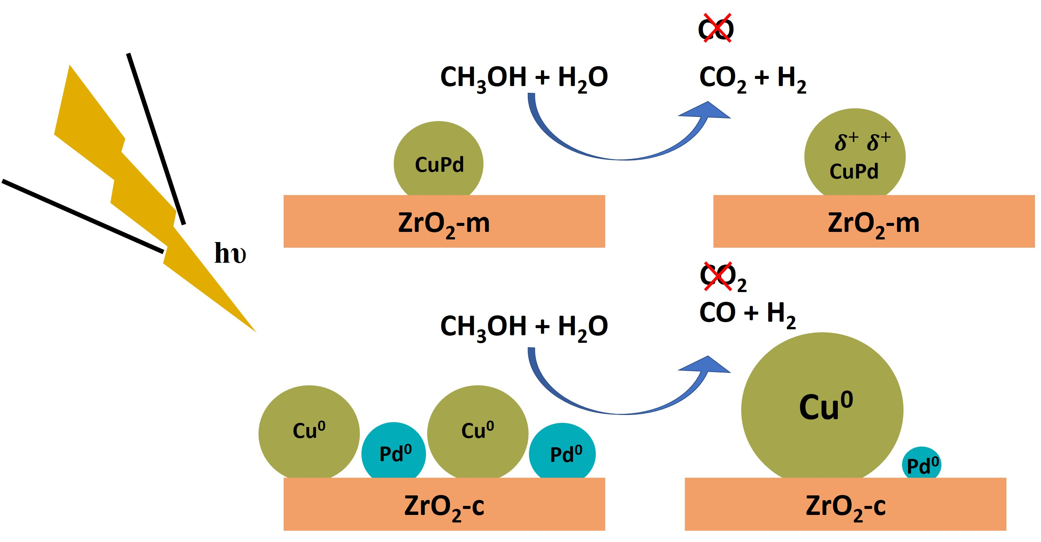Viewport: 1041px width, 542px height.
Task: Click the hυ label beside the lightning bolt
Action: (x=230, y=253)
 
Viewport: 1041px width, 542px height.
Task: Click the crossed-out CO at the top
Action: (x=716, y=28)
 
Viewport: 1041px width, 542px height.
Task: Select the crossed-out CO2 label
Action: (x=722, y=278)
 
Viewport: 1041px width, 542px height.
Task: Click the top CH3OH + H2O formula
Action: (x=524, y=77)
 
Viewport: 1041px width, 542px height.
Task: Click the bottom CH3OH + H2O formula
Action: (x=524, y=327)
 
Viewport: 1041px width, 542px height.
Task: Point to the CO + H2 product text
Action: (x=747, y=313)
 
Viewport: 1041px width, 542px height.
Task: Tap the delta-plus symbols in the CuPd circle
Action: (x=863, y=141)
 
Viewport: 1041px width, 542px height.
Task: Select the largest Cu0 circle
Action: (x=822, y=408)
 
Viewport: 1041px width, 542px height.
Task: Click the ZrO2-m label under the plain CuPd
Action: (x=444, y=223)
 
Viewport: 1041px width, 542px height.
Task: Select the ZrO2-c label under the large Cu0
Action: (x=845, y=506)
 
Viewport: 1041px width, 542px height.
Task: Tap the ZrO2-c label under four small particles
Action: (x=444, y=506)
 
